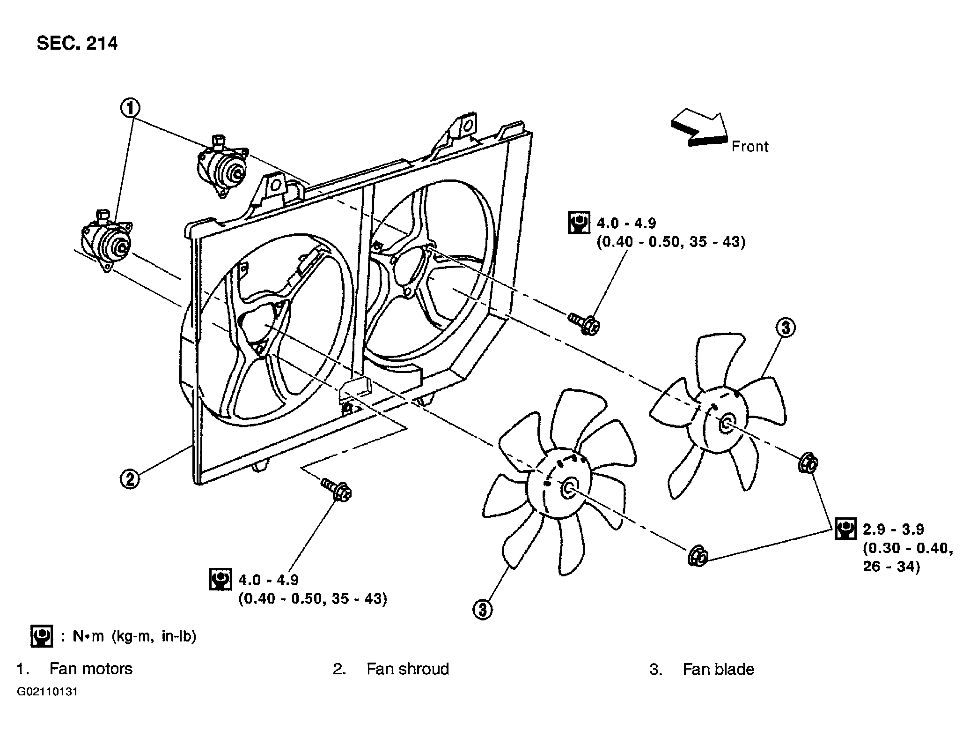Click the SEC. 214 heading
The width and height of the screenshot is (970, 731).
[x=77, y=44]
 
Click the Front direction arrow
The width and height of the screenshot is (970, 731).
[x=699, y=128]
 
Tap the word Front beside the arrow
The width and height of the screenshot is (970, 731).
[x=750, y=147]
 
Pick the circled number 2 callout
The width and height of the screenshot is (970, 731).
[x=130, y=479]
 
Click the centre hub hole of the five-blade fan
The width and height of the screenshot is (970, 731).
[x=727, y=423]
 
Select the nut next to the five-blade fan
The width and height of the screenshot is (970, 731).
[x=808, y=462]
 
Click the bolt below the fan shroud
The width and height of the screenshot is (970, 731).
[x=336, y=490]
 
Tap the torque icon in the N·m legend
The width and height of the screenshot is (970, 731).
[x=42, y=636]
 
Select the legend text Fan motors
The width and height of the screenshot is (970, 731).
[x=91, y=669]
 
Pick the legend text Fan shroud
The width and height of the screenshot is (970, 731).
[x=408, y=669]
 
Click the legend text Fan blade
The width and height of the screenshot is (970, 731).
[x=719, y=669]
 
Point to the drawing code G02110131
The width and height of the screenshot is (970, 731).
[x=47, y=692]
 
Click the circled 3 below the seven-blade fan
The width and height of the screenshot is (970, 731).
[x=483, y=609]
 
